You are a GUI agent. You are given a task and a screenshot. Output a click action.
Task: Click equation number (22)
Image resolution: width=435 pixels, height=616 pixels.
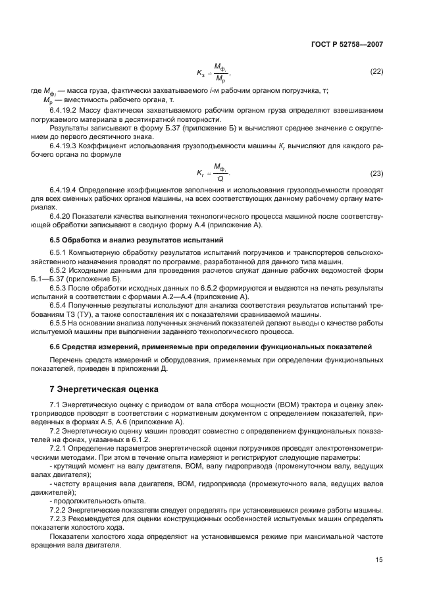(x=376, y=71)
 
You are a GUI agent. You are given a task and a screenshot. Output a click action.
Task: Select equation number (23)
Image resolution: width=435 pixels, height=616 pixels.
(x=376, y=174)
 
